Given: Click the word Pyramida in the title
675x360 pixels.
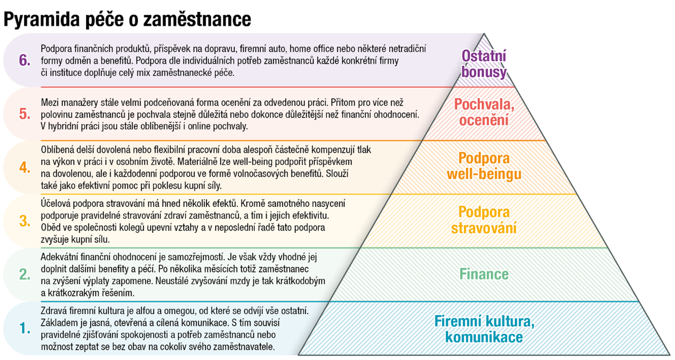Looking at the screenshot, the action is coord(42,20).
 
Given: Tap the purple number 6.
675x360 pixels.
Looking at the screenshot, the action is coord(24,60).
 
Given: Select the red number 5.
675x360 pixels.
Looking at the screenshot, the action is coord(24,114).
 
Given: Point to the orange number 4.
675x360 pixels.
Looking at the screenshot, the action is coord(24,167).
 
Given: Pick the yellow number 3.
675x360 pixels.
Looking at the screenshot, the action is coord(24,221).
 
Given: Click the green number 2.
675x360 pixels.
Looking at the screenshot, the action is coord(24,274).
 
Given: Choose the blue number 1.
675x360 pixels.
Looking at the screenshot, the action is coord(24,328).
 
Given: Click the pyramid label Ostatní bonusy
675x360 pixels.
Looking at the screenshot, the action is coord(484,64).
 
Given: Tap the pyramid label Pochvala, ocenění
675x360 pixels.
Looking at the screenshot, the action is coord(484,112).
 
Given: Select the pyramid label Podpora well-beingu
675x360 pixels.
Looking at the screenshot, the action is coord(484,166).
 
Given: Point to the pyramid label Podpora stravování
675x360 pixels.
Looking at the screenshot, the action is coord(484,220).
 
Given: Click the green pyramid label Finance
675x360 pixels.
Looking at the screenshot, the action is coord(484,274).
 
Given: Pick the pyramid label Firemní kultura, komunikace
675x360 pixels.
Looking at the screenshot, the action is coord(484,329).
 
